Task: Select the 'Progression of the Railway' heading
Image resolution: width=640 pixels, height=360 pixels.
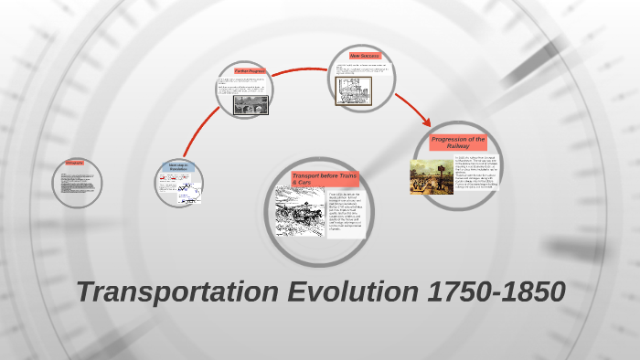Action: pyautogui.click(x=458, y=143)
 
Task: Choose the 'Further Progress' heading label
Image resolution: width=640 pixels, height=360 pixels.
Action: pyautogui.click(x=249, y=70)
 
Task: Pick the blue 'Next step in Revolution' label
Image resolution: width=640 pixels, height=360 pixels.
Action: pyautogui.click(x=178, y=166)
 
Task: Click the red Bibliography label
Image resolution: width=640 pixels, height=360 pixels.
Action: pyautogui.click(x=74, y=163)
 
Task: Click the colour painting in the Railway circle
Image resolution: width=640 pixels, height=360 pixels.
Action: pyautogui.click(x=431, y=176)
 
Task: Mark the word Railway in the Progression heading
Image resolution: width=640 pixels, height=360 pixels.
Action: pyautogui.click(x=458, y=146)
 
